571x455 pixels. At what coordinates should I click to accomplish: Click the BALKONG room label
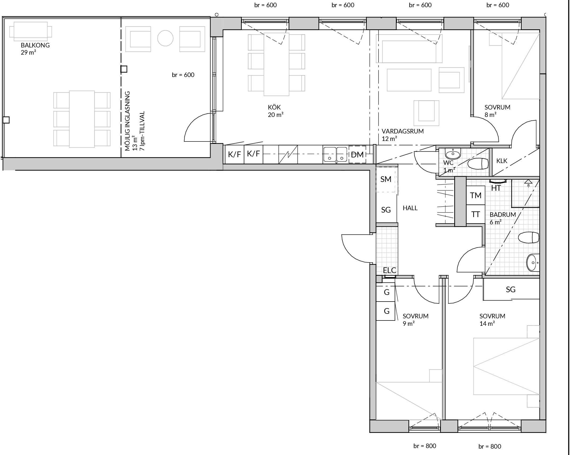[x=35, y=45]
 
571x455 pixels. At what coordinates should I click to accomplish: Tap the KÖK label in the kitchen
[x=274, y=107]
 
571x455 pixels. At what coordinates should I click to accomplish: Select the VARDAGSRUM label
[x=403, y=131]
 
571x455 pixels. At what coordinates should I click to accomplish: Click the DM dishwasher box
[x=357, y=155]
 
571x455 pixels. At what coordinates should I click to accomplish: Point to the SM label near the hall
[x=386, y=179]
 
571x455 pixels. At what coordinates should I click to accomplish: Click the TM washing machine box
[x=476, y=195]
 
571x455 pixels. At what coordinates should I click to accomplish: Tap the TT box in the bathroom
[x=476, y=214]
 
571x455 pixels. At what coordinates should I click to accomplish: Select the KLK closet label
[x=502, y=161]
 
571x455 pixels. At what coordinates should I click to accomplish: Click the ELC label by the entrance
[x=389, y=270]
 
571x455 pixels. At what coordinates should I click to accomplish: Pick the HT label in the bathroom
[x=496, y=188]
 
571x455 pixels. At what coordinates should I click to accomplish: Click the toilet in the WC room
[x=478, y=164]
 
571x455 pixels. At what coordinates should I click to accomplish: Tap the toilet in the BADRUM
[x=529, y=237]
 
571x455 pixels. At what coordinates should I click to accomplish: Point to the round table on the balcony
[x=165, y=38]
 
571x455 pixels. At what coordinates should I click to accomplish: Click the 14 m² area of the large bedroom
[x=487, y=324]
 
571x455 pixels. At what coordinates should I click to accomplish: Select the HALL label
[x=410, y=208]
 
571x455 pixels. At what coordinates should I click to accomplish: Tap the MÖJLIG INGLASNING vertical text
[x=128, y=121]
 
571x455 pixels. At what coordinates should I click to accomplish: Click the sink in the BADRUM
[x=533, y=263]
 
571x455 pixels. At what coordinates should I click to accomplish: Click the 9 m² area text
[x=409, y=324]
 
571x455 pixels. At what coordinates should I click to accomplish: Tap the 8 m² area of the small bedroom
[x=490, y=115]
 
